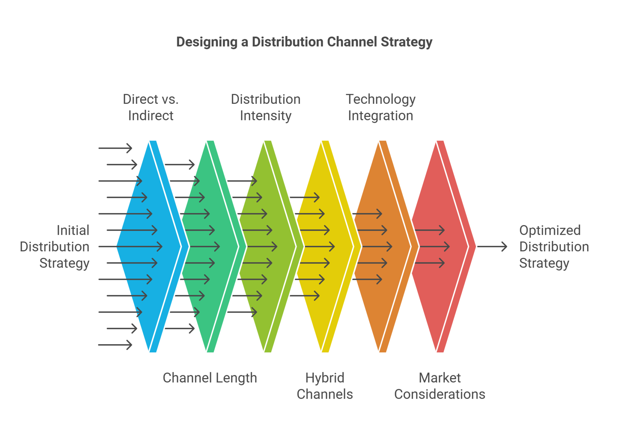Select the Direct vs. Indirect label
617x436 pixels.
[151, 107]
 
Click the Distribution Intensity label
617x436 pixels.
[265, 107]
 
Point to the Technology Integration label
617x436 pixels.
[381, 107]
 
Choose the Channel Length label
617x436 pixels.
[210, 378]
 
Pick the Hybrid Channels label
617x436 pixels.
[324, 386]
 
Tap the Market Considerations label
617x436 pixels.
[440, 386]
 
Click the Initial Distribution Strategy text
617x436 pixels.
[57, 247]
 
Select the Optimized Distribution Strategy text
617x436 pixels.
[554, 247]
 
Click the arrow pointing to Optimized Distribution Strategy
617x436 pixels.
[492, 247]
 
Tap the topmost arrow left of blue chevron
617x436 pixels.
[115, 148]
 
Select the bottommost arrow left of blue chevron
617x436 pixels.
[115, 345]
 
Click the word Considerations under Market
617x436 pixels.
[440, 394]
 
